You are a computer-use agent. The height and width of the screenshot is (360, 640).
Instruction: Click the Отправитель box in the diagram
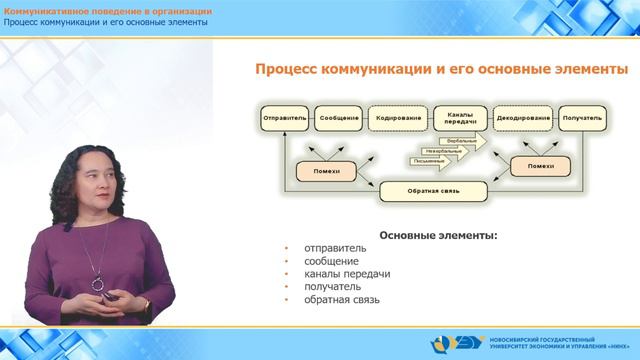pyautogui.click(x=284, y=118)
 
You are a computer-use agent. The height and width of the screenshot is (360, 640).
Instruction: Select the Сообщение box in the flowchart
pyautogui.click(x=340, y=118)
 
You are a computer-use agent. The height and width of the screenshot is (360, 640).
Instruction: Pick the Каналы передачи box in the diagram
pyautogui.click(x=461, y=117)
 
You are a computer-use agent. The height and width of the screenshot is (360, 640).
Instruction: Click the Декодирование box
pyautogui.click(x=523, y=118)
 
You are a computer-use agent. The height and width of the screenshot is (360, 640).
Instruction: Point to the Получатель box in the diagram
pyautogui.click(x=582, y=118)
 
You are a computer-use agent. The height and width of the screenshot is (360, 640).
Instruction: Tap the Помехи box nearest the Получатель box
pyautogui.click(x=540, y=166)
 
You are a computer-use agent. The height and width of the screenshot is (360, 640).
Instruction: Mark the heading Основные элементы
pyautogui.click(x=440, y=237)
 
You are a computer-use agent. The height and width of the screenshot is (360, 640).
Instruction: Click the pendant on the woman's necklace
pyautogui.click(x=97, y=284)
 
